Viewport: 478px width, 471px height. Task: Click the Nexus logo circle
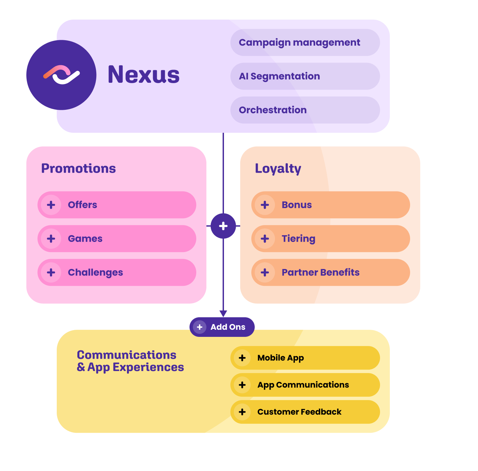[x=61, y=75]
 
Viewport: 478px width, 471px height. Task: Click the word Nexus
[x=144, y=75]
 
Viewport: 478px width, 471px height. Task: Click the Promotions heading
[x=78, y=168]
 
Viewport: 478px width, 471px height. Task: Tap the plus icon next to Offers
[x=51, y=205]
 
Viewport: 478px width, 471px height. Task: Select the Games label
[x=85, y=239]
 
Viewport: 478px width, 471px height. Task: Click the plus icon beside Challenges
[x=51, y=272]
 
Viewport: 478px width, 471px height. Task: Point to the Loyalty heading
[x=278, y=169]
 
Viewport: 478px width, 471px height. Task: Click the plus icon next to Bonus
[x=265, y=205]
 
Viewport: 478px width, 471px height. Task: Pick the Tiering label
[x=298, y=239]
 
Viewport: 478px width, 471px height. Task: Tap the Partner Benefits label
[x=320, y=272]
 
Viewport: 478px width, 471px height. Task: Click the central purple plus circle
[x=223, y=226]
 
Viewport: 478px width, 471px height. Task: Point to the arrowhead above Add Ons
[x=223, y=313]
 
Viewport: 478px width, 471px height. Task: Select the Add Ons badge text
[x=228, y=327]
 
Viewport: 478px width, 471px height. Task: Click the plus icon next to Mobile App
[x=242, y=358]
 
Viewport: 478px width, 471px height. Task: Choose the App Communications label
[x=303, y=385]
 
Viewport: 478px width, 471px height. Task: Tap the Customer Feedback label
[x=299, y=412]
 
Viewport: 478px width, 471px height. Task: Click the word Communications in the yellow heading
[x=127, y=355]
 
